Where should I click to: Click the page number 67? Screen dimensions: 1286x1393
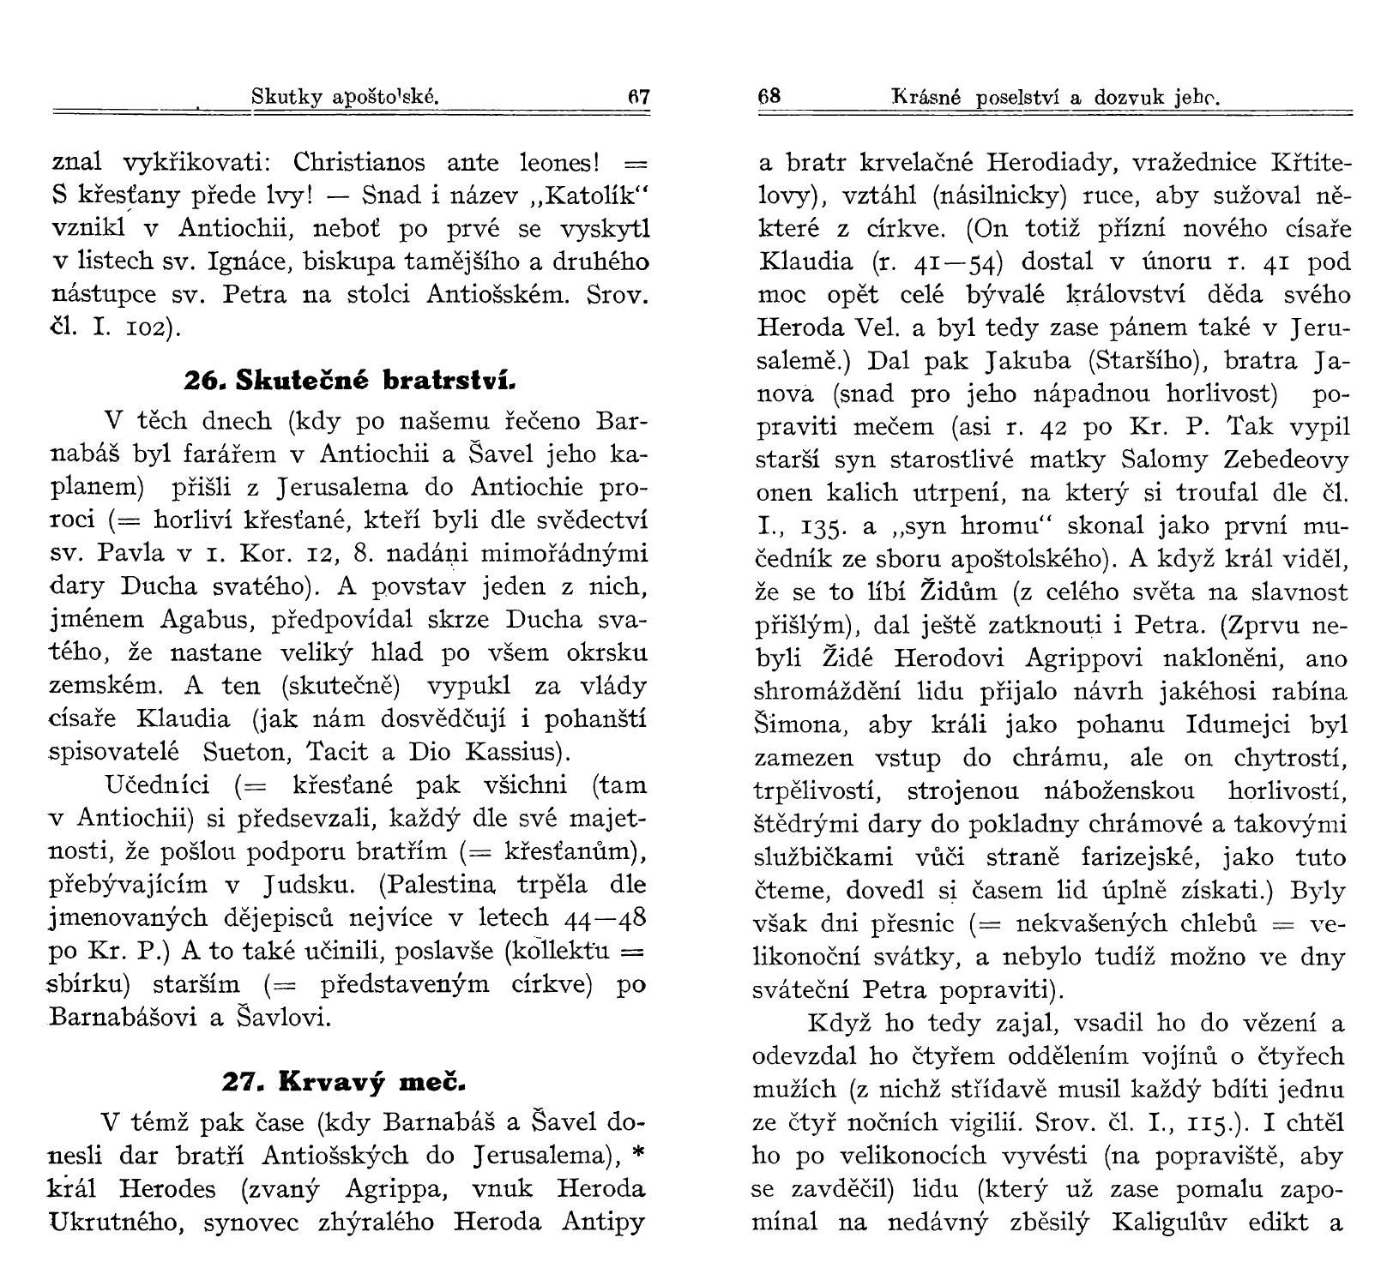click(x=639, y=97)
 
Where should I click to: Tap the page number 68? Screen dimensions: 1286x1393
click(x=769, y=97)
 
